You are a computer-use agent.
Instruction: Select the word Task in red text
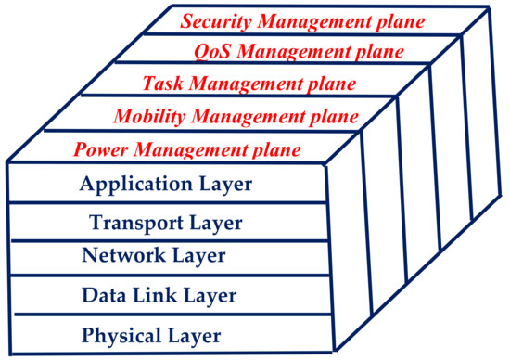[161, 84]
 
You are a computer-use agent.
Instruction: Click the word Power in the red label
[99, 148]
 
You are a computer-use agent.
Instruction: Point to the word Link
[147, 297]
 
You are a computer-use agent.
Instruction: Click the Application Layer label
[166, 185]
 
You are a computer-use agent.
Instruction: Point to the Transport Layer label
[166, 223]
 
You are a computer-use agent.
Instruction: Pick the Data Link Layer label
[159, 297]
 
